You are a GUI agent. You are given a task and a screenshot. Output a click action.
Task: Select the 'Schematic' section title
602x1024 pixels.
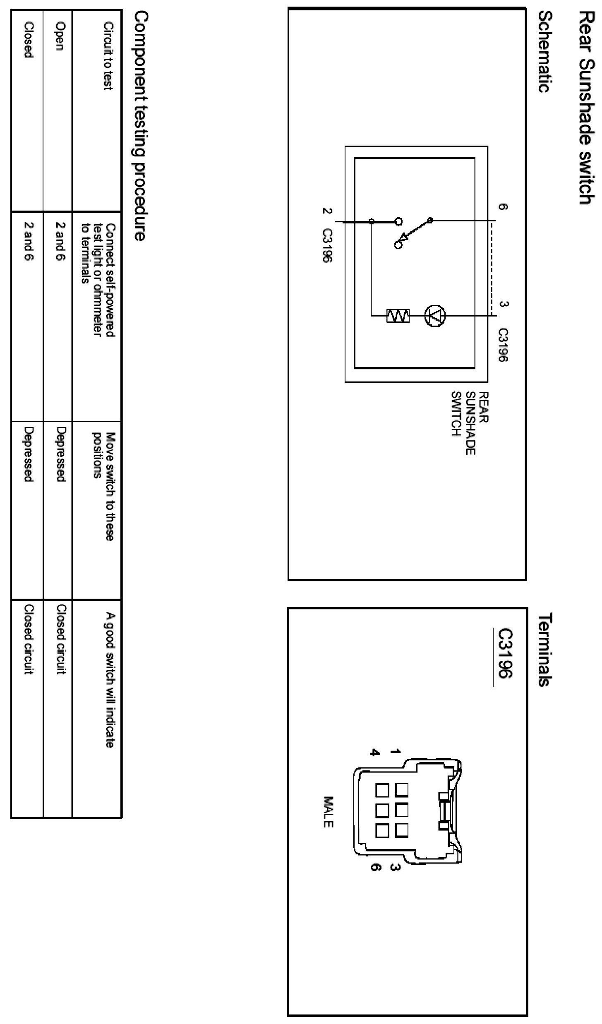pos(546,51)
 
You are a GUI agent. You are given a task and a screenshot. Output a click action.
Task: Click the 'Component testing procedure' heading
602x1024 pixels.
pos(139,126)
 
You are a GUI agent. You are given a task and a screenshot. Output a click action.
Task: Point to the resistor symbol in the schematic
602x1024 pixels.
pos(398,316)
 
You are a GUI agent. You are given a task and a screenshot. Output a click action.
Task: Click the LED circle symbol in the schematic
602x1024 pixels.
pos(435,316)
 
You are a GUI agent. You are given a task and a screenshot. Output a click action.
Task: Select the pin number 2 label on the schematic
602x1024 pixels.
pos(326,211)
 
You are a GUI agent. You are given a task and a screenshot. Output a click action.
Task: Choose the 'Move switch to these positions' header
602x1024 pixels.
pos(103,487)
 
